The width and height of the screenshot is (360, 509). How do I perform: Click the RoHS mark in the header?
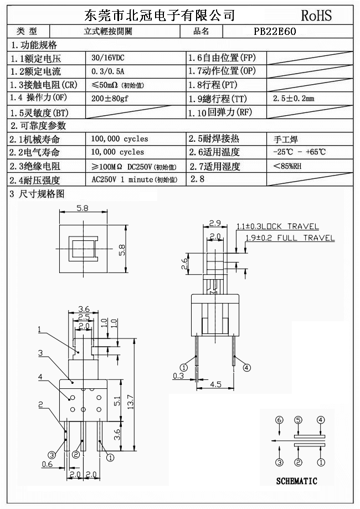pos(317,15)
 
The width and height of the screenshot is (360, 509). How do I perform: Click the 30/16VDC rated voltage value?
pos(108,58)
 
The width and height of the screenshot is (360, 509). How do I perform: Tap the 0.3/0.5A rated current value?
pos(108,71)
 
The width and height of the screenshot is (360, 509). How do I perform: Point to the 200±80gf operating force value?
pos(110,99)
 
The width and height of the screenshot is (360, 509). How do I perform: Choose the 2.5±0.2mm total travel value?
pos(294,99)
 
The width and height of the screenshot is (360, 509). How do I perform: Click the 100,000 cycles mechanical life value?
pos(120,139)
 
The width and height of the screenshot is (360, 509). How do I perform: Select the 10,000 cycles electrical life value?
pos(117,152)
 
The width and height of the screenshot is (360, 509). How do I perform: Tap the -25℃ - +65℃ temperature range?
pos(299,152)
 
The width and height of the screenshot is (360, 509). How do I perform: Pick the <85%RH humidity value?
pos(287,166)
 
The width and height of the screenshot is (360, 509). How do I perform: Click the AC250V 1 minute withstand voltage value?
pos(134,179)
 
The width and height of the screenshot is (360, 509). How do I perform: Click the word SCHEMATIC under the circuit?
pos(296,481)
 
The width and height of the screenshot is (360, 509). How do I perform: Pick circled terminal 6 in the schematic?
pos(279,420)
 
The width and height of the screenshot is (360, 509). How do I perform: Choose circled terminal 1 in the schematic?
pos(320,462)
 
